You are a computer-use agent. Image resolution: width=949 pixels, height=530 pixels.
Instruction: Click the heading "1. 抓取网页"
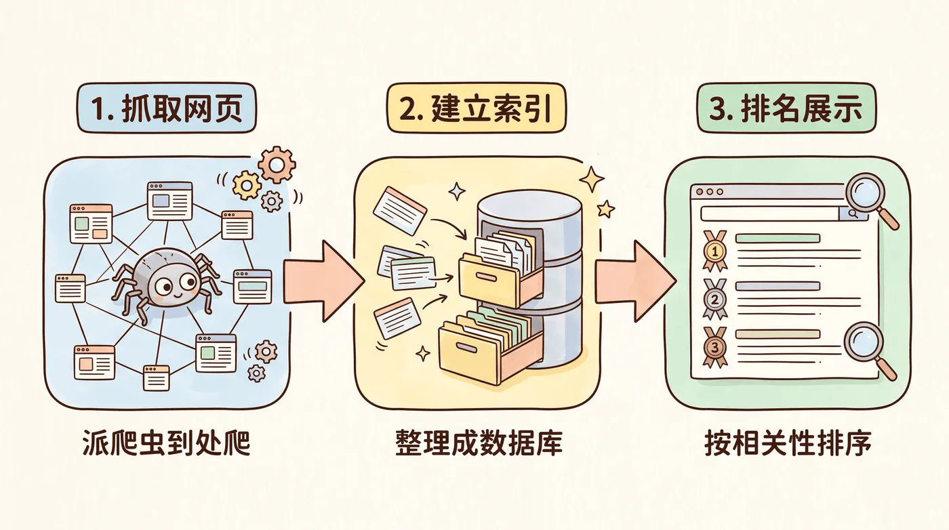167,108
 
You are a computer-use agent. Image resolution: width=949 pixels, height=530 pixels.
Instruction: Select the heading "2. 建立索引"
476,108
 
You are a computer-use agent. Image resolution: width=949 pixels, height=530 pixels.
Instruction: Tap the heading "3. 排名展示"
786,108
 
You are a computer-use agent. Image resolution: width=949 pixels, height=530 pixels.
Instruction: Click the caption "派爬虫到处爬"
167,443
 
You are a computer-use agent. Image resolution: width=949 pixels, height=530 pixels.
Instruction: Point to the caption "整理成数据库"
479,443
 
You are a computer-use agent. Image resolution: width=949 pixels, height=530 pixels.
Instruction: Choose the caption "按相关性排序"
788,443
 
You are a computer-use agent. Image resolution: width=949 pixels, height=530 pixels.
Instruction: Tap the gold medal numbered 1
715,251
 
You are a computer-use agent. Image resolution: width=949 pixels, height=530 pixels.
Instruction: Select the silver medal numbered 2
715,299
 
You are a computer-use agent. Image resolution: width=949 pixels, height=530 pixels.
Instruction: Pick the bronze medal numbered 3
715,348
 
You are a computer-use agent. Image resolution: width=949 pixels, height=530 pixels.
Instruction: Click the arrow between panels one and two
324,281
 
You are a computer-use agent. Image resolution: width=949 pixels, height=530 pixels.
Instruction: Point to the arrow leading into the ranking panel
636,281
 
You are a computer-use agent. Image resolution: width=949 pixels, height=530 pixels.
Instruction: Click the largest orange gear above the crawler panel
277,165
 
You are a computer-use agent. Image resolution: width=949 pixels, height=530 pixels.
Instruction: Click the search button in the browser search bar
853,214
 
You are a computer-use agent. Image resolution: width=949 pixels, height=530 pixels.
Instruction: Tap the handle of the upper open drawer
487,277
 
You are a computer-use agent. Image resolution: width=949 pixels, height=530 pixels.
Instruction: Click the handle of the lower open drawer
467,349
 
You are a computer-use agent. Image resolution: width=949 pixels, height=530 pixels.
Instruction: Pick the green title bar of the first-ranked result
778,238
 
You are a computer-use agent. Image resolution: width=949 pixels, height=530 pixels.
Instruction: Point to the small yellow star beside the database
606,209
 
